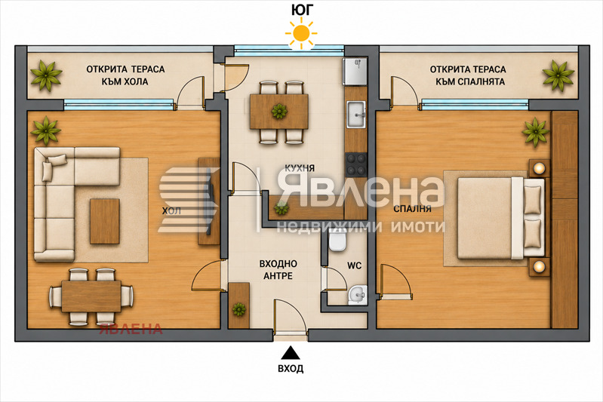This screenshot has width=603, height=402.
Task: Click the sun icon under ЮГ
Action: [x=301, y=33]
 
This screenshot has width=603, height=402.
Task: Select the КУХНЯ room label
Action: [x=300, y=168]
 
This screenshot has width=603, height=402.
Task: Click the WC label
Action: [x=354, y=265]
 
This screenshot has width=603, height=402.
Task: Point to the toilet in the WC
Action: [x=337, y=241]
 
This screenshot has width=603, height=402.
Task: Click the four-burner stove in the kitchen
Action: [x=356, y=164]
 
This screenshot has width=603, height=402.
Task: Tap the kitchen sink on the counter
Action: [x=356, y=114]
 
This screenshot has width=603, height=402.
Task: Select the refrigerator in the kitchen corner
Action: [x=355, y=71]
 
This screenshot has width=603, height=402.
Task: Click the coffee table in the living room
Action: [x=105, y=221]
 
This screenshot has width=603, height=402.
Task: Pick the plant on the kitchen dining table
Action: [x=279, y=112]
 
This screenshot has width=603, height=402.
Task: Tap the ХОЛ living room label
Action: [x=171, y=211]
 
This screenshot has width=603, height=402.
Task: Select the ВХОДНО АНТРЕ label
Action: [x=278, y=270]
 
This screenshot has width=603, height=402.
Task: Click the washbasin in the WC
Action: [x=357, y=295]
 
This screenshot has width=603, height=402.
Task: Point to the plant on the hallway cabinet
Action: [x=238, y=309]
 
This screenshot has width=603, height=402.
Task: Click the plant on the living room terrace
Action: [x=46, y=75]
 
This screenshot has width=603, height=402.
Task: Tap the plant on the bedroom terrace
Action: [x=558, y=75]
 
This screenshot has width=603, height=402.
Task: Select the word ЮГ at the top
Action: [x=302, y=11]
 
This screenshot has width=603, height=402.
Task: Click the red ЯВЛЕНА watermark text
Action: [x=131, y=329]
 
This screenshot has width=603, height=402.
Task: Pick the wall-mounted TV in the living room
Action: [x=210, y=201]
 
